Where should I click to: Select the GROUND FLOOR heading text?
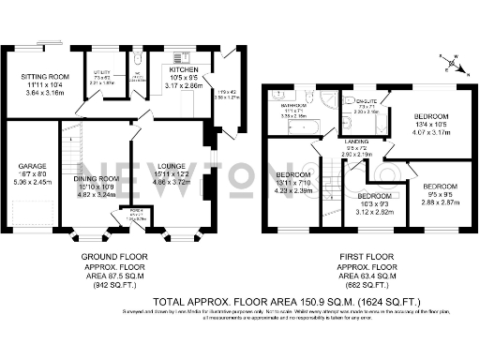pos(104,254)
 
